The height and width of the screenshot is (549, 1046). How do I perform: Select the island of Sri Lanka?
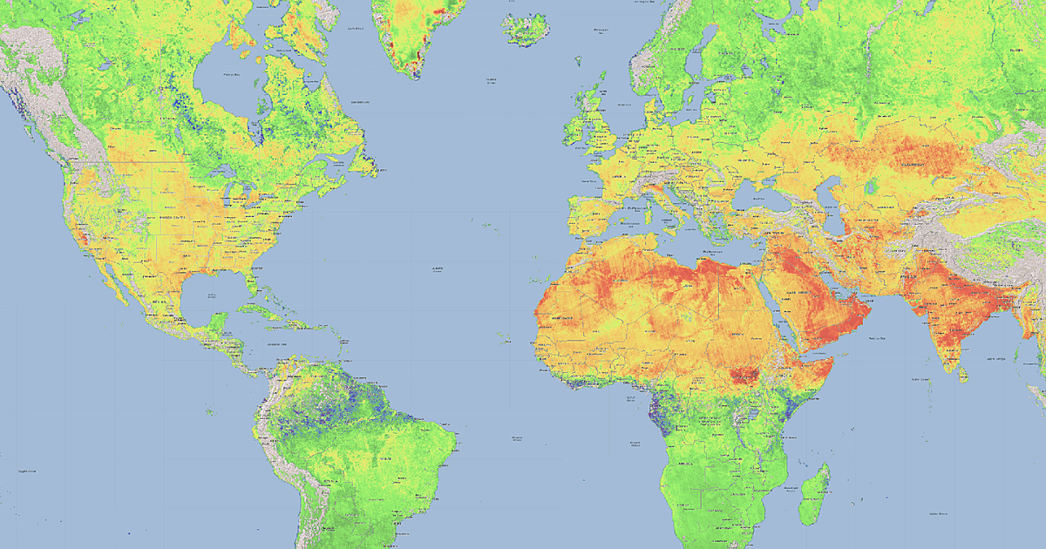coord(962,374)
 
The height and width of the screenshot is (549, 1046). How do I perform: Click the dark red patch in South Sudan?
coord(746,376)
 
